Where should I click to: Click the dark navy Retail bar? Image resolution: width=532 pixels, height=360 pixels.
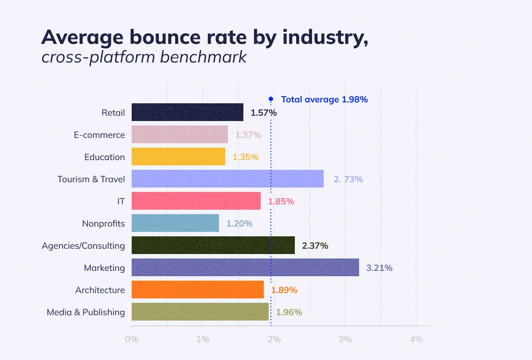point(187,112)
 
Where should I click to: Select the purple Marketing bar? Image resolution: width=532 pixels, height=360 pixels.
point(245,267)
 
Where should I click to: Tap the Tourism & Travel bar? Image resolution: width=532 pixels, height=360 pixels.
point(227,179)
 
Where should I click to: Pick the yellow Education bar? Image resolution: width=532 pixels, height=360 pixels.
point(178,157)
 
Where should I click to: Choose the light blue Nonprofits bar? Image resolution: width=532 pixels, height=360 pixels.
point(175,223)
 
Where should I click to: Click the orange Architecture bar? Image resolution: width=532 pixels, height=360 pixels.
point(197,290)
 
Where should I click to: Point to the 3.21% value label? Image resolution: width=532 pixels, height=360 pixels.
point(379,268)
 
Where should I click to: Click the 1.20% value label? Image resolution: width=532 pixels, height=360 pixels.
point(239,223)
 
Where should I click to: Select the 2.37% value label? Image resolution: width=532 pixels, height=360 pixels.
point(315,246)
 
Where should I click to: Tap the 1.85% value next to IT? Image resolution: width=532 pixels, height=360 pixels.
point(281,201)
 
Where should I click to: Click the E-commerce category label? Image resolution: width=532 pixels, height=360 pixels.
point(99,135)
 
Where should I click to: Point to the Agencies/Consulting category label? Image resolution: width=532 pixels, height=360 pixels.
point(83,246)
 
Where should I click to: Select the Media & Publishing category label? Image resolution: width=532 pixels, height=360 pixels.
point(86,312)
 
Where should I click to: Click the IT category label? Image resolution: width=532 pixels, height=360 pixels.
point(121,201)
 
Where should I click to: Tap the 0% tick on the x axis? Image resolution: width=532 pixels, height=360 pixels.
point(132,340)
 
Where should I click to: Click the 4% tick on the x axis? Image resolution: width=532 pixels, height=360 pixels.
point(416,340)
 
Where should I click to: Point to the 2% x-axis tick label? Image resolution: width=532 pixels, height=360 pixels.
point(274,340)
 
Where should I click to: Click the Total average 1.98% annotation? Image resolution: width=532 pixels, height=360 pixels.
point(324,99)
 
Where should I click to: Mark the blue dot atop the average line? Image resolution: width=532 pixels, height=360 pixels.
point(271,99)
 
